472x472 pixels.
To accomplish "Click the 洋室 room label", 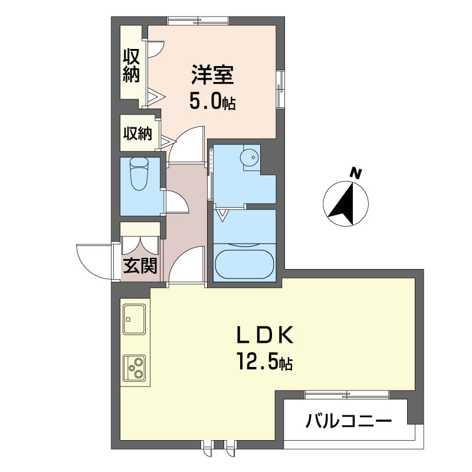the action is click(212, 75).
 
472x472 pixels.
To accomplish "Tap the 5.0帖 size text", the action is click(212, 100).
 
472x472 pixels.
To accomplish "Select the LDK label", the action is click(265, 335).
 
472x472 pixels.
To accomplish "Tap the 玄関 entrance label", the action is click(140, 265).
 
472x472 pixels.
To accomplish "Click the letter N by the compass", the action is click(356, 173).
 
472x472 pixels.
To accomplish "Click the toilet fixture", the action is click(139, 174).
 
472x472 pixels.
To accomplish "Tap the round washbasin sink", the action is click(250, 157).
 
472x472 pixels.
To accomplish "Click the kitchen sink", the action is click(134, 319).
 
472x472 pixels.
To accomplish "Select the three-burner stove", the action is click(134, 368).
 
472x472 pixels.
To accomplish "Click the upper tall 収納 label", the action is click(132, 65).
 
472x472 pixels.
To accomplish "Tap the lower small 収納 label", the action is click(138, 133).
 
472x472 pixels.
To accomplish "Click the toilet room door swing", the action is click(178, 202).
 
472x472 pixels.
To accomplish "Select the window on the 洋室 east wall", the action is click(281, 89).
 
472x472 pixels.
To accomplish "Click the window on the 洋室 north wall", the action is click(198, 21).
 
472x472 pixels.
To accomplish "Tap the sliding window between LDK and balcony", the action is click(347, 394).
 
